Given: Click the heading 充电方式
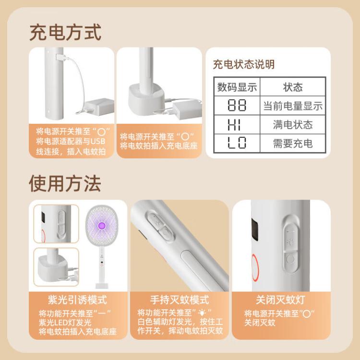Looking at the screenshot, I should point(65,32).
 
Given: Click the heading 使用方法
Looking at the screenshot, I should point(65,182).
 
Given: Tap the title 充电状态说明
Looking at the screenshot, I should point(244,64).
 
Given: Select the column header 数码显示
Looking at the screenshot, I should point(237,87).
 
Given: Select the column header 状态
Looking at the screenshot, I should point(293,87).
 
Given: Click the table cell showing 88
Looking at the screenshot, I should point(237,106).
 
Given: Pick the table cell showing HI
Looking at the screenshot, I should point(237,125).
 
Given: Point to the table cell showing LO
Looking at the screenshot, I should point(237,143).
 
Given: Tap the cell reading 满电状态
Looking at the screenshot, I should point(293,125).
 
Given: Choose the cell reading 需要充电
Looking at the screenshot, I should point(293,143).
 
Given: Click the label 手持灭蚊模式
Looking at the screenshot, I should point(180,300).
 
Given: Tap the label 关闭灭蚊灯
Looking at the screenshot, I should point(281,300).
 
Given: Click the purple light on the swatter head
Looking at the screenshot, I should point(101,224).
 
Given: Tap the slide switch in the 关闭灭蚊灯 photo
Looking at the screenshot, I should point(290,245).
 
